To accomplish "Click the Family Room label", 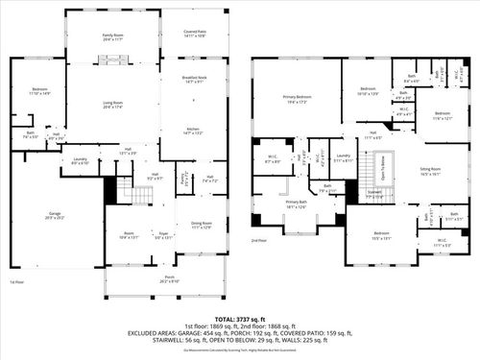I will coord(114,36).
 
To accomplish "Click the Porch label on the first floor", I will coord(168,281).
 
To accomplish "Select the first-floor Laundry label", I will coord(81,160).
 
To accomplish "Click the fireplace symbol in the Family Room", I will coord(114,59).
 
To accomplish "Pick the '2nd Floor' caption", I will coord(259,240).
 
